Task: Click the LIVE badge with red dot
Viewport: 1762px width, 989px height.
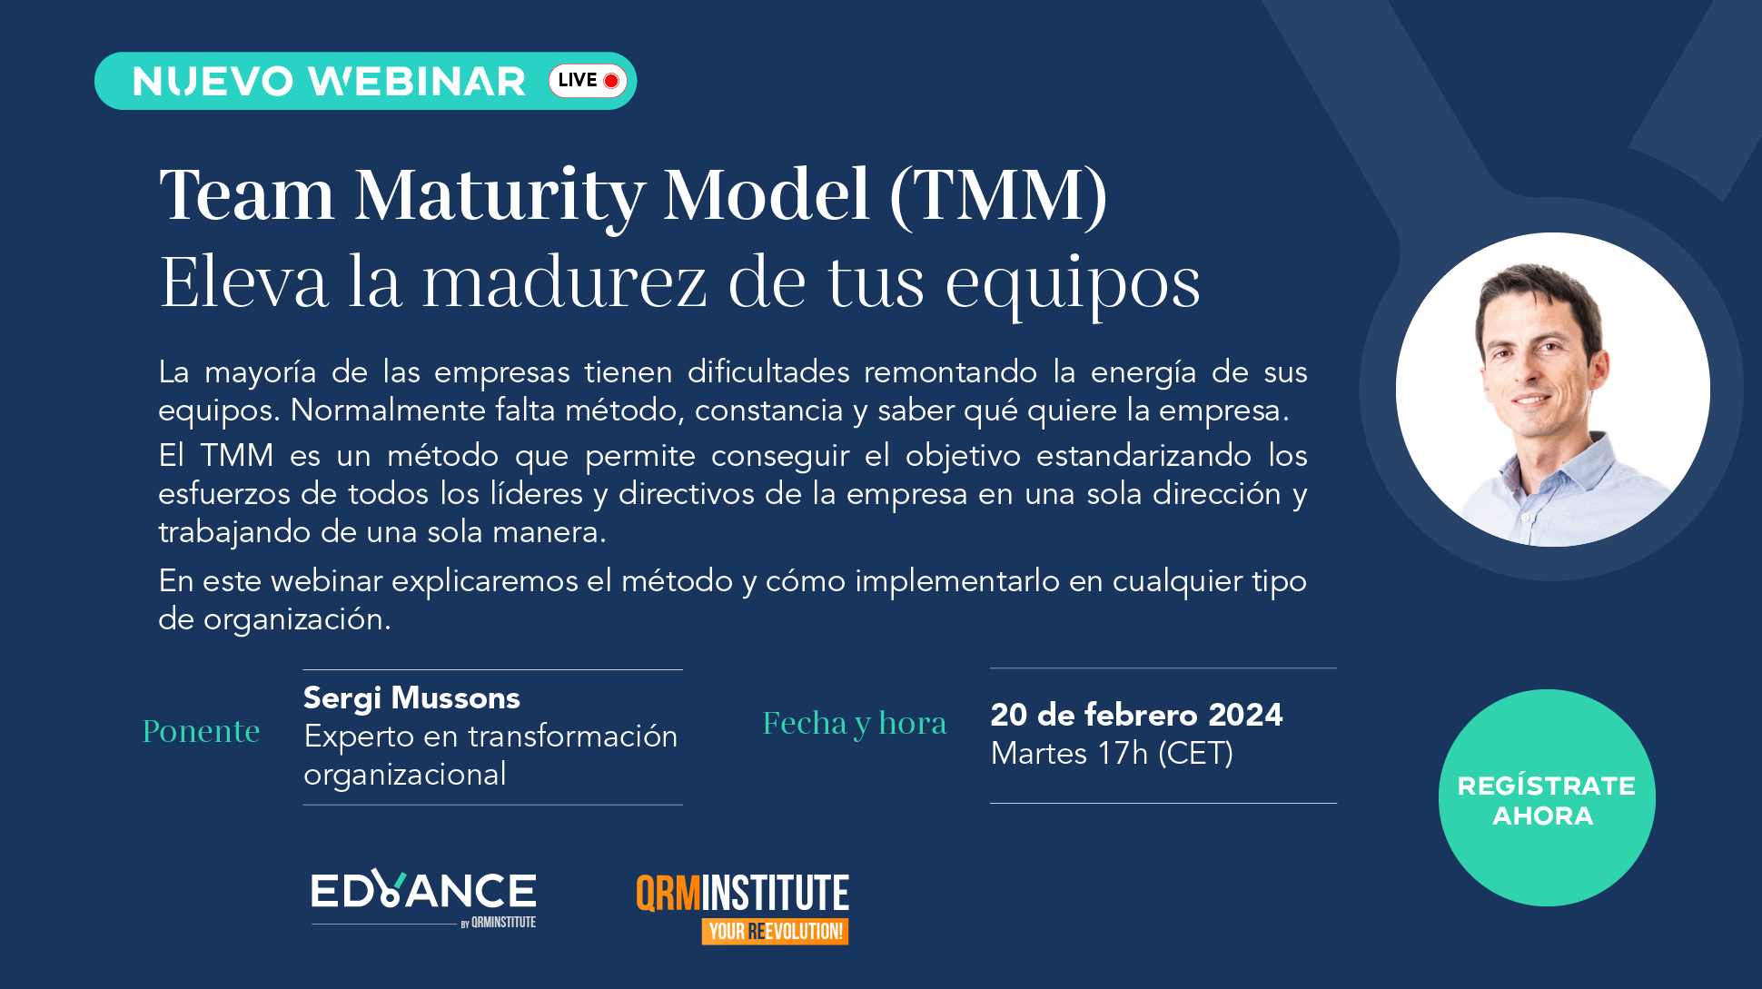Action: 588,81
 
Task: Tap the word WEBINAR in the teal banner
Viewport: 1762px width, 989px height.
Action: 418,82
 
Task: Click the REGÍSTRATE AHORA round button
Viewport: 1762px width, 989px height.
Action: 1547,797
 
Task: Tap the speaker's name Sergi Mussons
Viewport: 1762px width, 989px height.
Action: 411,698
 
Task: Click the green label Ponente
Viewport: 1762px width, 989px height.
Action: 202,731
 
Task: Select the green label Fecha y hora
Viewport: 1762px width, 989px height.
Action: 855,724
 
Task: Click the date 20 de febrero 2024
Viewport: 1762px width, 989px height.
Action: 1136,715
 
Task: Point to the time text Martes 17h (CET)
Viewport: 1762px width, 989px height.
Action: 1112,754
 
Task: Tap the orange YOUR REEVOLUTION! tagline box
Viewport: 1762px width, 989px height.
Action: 775,931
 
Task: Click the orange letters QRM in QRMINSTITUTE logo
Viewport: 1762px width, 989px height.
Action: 668,894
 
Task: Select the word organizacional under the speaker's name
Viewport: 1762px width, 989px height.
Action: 405,775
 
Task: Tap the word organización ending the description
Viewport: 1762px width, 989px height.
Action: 296,619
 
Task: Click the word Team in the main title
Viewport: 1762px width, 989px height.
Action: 247,195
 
